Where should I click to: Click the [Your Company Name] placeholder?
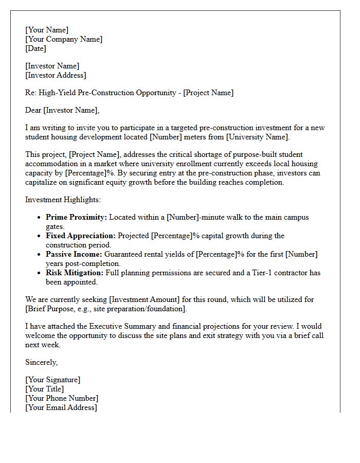point(63,39)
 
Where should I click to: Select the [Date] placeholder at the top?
point(35,48)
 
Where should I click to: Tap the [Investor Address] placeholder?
point(56,75)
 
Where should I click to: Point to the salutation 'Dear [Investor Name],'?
point(62,110)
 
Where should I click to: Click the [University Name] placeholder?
point(257,137)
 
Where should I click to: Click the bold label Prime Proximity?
point(76,217)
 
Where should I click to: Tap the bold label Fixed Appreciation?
point(81,236)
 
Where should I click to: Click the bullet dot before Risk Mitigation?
point(39,273)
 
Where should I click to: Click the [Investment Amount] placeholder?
point(146,299)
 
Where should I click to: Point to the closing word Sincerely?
point(41,362)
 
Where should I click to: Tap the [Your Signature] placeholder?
point(52,380)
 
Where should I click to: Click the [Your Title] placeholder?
point(44,389)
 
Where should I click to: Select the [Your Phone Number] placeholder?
point(61,398)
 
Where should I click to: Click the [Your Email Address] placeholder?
point(61,407)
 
